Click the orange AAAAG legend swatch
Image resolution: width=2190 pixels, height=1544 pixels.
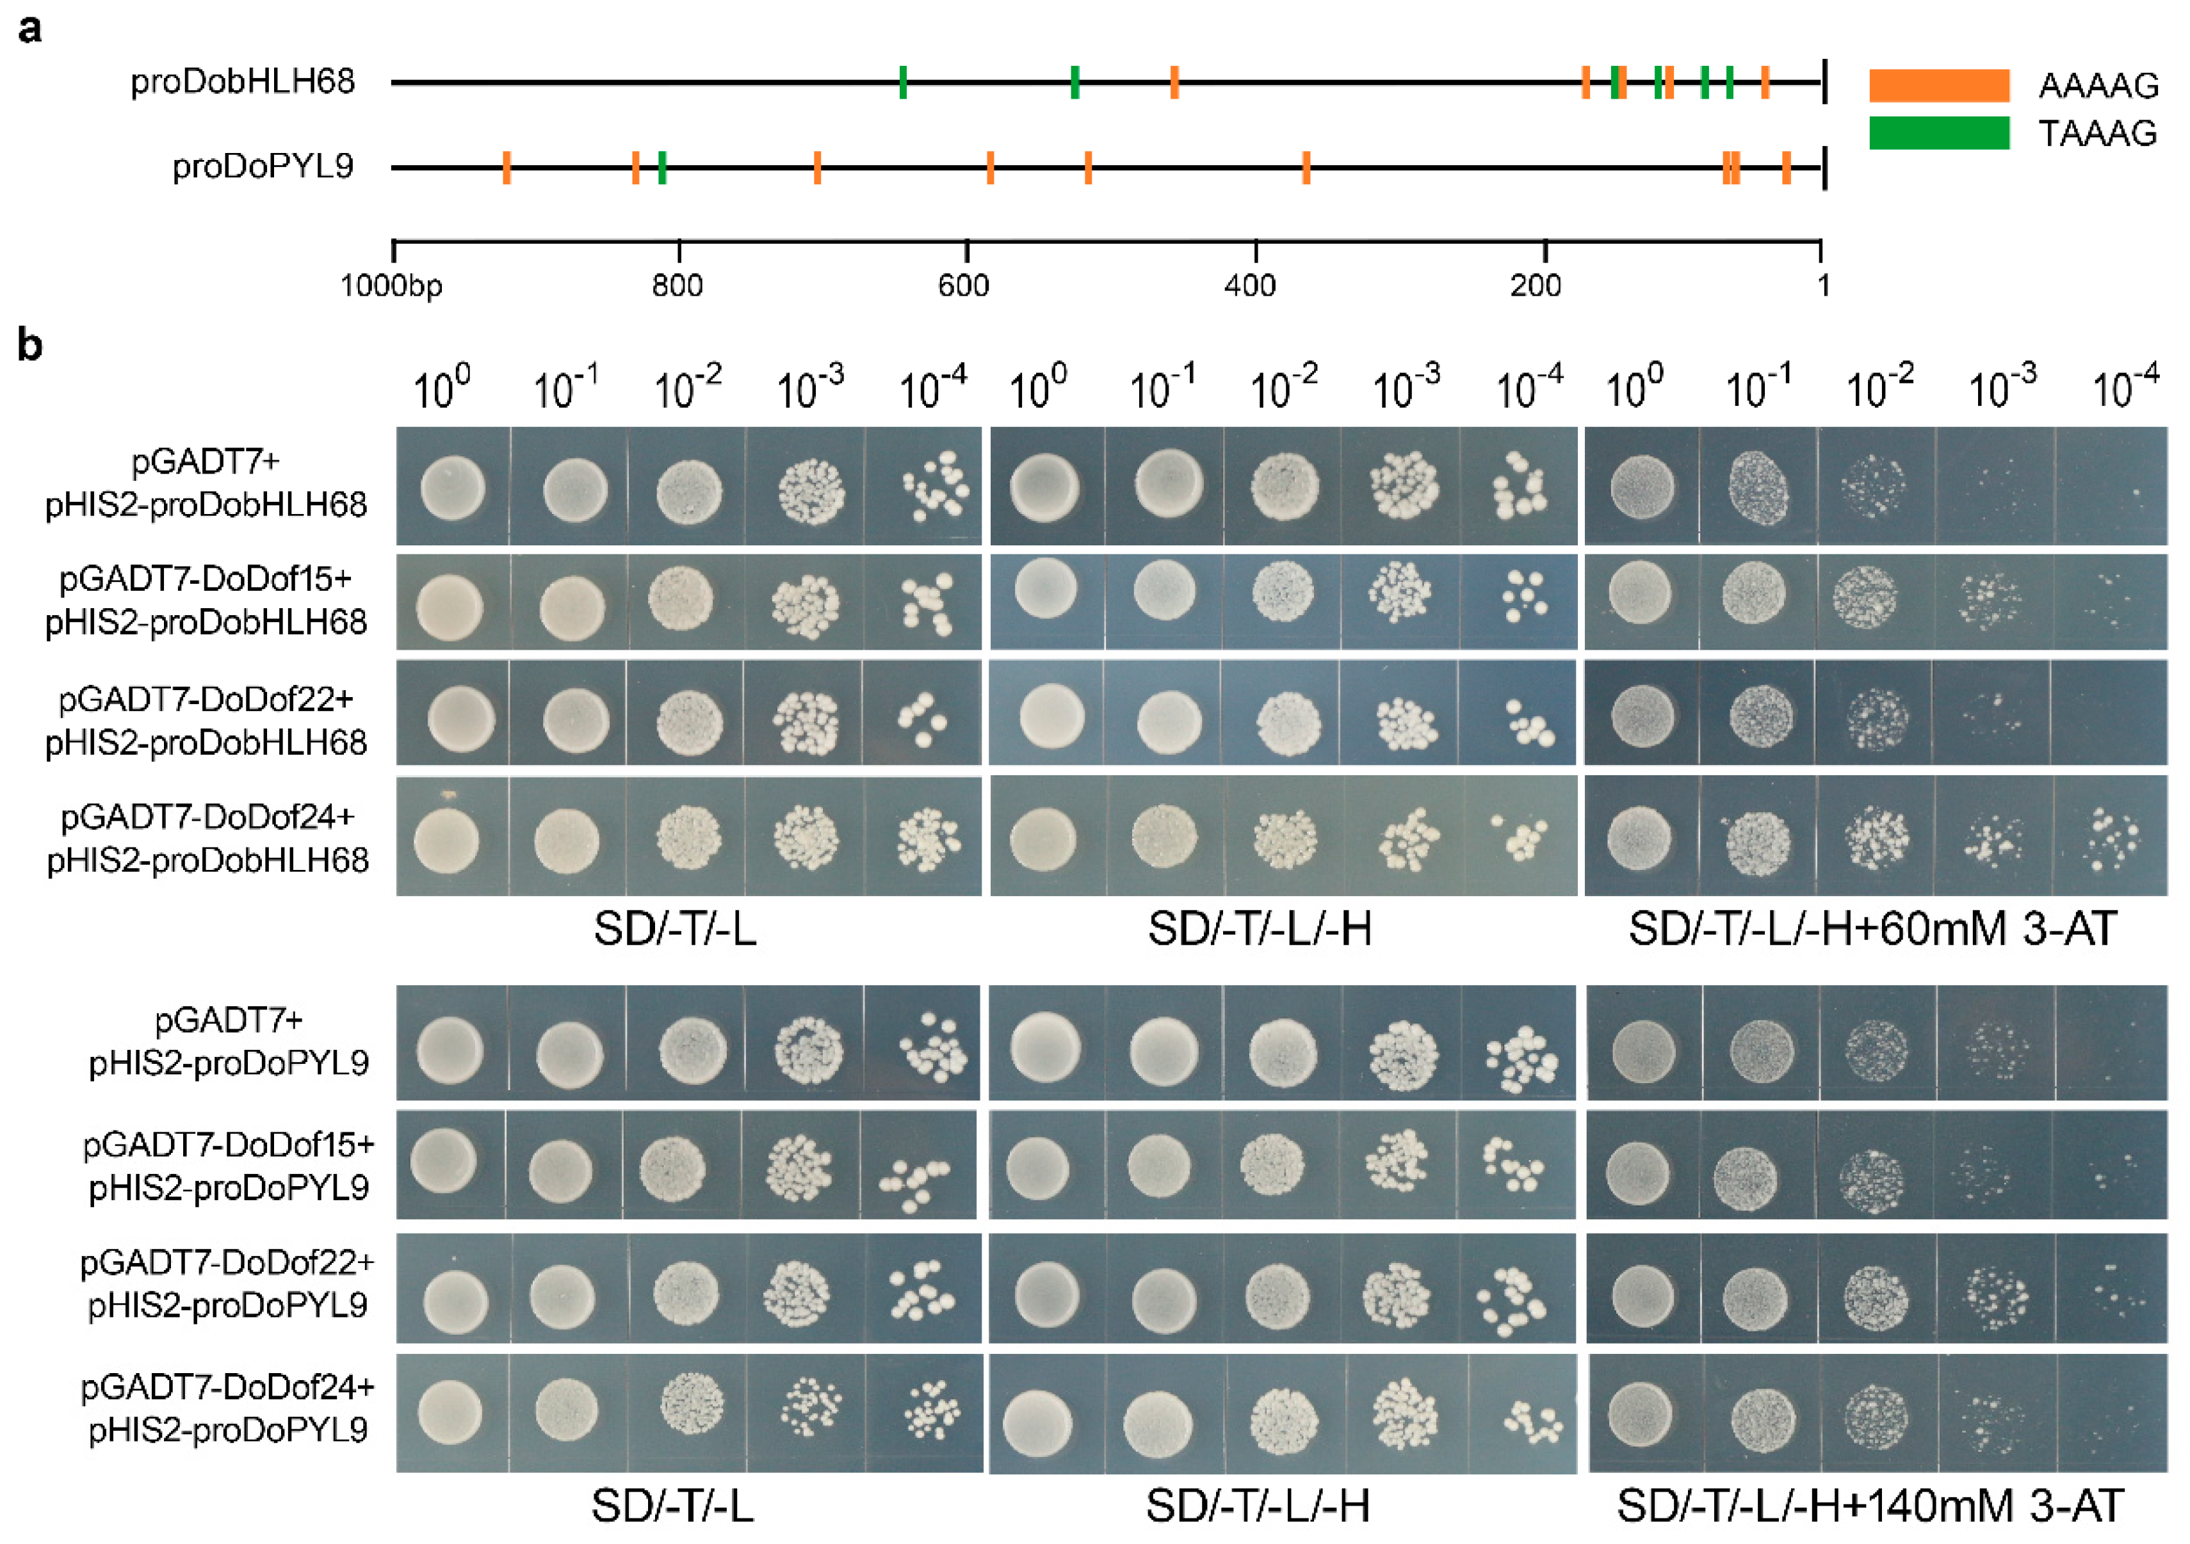pos(1938,86)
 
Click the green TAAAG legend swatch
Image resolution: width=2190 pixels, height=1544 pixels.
pos(1938,133)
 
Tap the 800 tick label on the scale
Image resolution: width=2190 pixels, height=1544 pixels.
pos(677,285)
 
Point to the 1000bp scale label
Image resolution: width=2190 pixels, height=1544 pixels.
pos(391,285)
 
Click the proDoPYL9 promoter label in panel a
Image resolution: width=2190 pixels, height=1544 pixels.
pos(263,167)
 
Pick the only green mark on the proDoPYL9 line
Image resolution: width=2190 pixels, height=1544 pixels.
pos(662,168)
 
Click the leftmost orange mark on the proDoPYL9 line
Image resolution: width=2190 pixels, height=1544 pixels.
pos(507,168)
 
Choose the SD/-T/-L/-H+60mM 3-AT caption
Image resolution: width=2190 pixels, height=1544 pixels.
pos(1872,929)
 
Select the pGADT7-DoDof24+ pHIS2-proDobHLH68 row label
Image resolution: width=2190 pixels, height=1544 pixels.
pos(207,839)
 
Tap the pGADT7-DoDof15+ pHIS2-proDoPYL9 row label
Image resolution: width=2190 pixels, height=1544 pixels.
pos(228,1166)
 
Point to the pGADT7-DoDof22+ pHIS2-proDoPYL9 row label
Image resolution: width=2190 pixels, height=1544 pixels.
pos(227,1283)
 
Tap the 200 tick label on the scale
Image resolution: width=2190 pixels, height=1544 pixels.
pos(1536,285)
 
